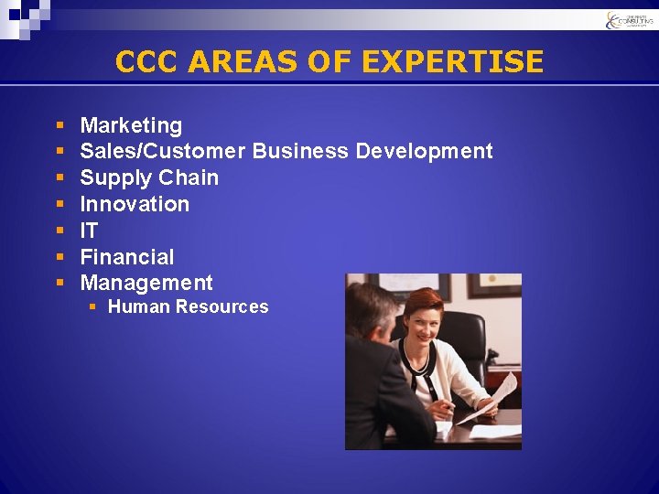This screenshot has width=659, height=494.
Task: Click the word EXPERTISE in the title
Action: click(452, 61)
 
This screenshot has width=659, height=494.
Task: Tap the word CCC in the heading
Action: click(147, 61)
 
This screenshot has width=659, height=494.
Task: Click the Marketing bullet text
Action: click(131, 125)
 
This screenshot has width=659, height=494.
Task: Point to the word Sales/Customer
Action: click(163, 151)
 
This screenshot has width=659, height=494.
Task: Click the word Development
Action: click(424, 151)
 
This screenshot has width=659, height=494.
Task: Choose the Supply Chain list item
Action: click(149, 177)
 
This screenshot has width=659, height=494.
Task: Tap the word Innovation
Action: click(135, 204)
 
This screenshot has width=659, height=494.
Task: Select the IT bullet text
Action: click(89, 231)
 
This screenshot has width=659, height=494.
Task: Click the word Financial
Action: click(126, 257)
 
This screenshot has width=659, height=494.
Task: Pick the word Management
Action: click(146, 283)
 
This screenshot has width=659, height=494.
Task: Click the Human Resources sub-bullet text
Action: click(188, 307)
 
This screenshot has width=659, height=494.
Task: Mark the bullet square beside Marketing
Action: click(59, 124)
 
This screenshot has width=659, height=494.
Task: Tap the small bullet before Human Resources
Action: click(92, 306)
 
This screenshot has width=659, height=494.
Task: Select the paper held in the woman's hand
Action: click(499, 393)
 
